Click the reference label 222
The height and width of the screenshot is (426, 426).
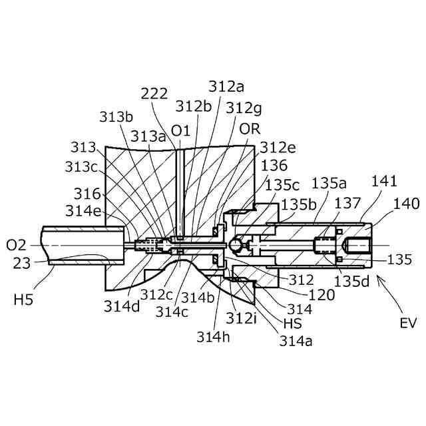point(154,95)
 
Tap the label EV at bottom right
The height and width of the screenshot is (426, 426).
point(408,324)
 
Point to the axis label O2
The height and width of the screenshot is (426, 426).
point(16,246)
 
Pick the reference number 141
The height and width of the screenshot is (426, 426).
point(385,181)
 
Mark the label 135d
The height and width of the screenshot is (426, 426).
point(351,280)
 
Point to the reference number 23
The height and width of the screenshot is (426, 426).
point(21,263)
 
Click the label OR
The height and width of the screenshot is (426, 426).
point(250,128)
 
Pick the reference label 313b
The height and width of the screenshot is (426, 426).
point(116,116)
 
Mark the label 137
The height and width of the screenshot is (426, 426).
point(347,203)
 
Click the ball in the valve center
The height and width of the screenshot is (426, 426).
point(235,246)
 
